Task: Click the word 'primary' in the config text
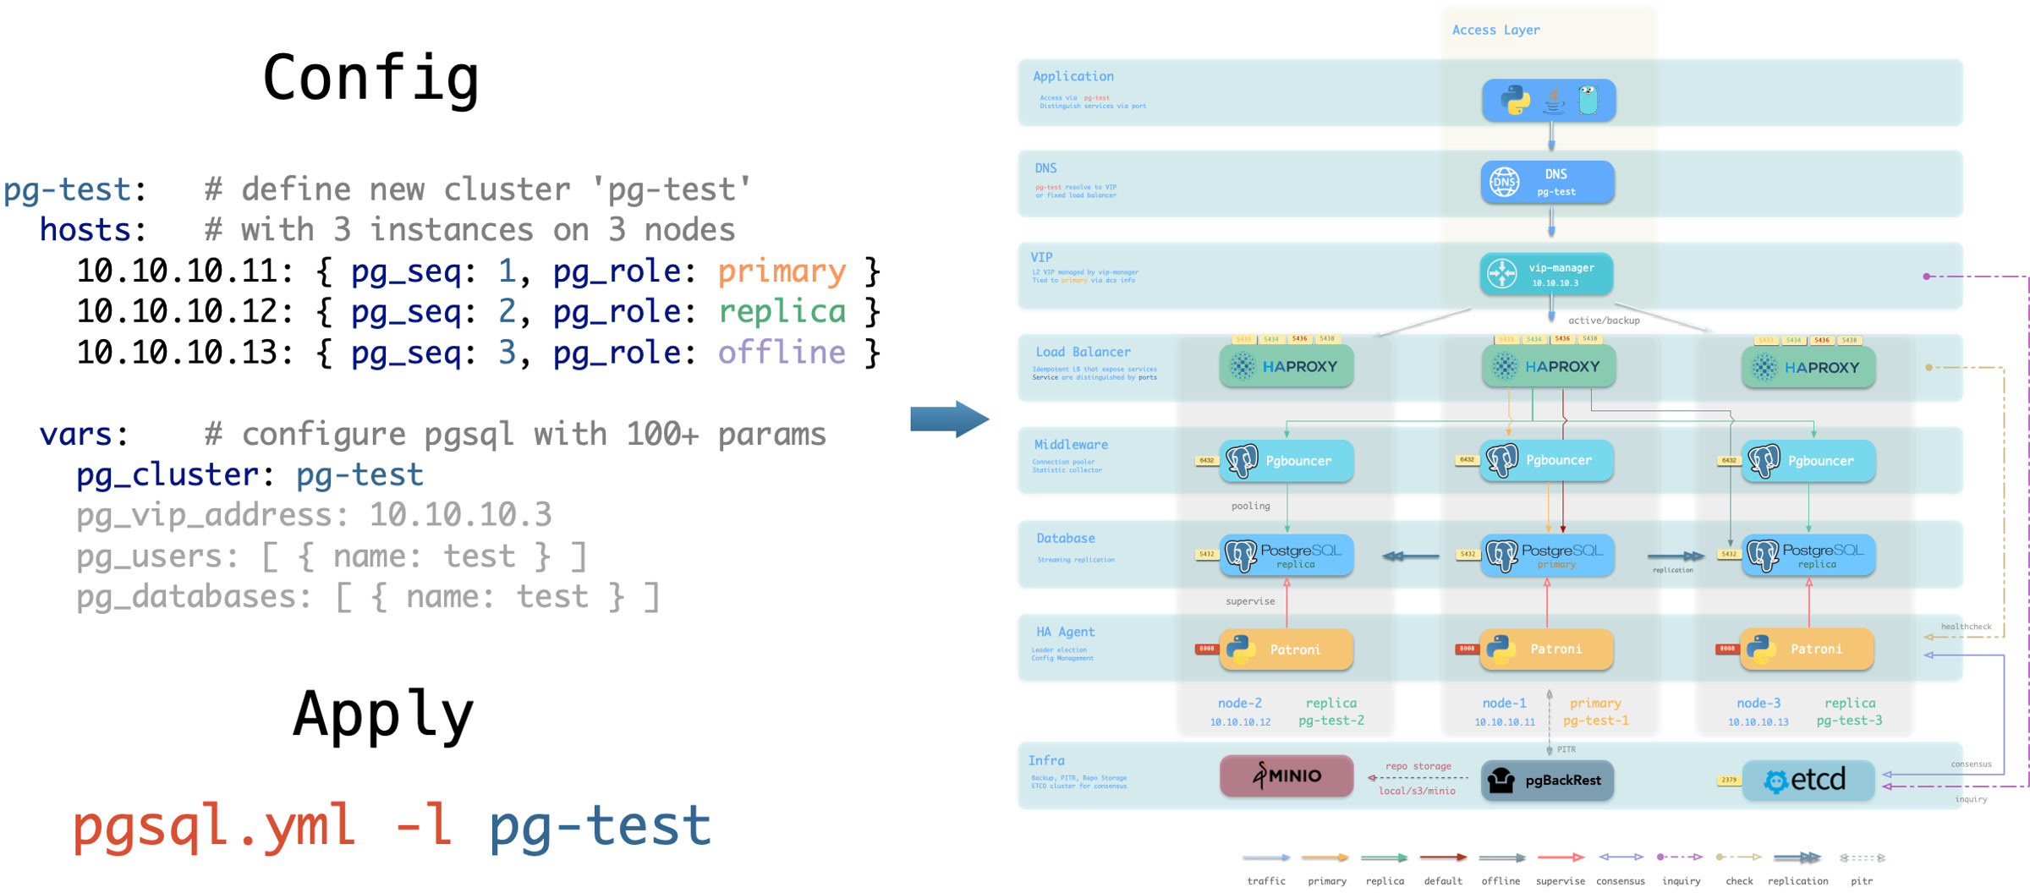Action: tap(782, 271)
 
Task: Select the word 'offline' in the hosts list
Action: tap(782, 353)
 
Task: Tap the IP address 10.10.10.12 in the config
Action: tap(177, 312)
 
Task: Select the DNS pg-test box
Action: tap(1547, 182)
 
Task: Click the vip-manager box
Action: tap(1546, 274)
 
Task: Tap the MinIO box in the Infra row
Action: tap(1286, 776)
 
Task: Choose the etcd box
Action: tap(1808, 780)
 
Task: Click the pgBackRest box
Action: tap(1547, 780)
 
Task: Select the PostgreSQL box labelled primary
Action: tap(1547, 555)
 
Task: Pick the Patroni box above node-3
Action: tap(1807, 649)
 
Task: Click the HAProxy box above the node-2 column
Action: tap(1286, 367)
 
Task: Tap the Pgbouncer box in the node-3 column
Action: tap(1808, 461)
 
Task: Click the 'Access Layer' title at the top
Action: tap(1495, 30)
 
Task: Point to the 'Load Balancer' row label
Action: tap(1083, 352)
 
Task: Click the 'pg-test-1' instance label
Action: tap(1595, 720)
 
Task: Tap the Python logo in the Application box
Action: tap(1515, 100)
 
